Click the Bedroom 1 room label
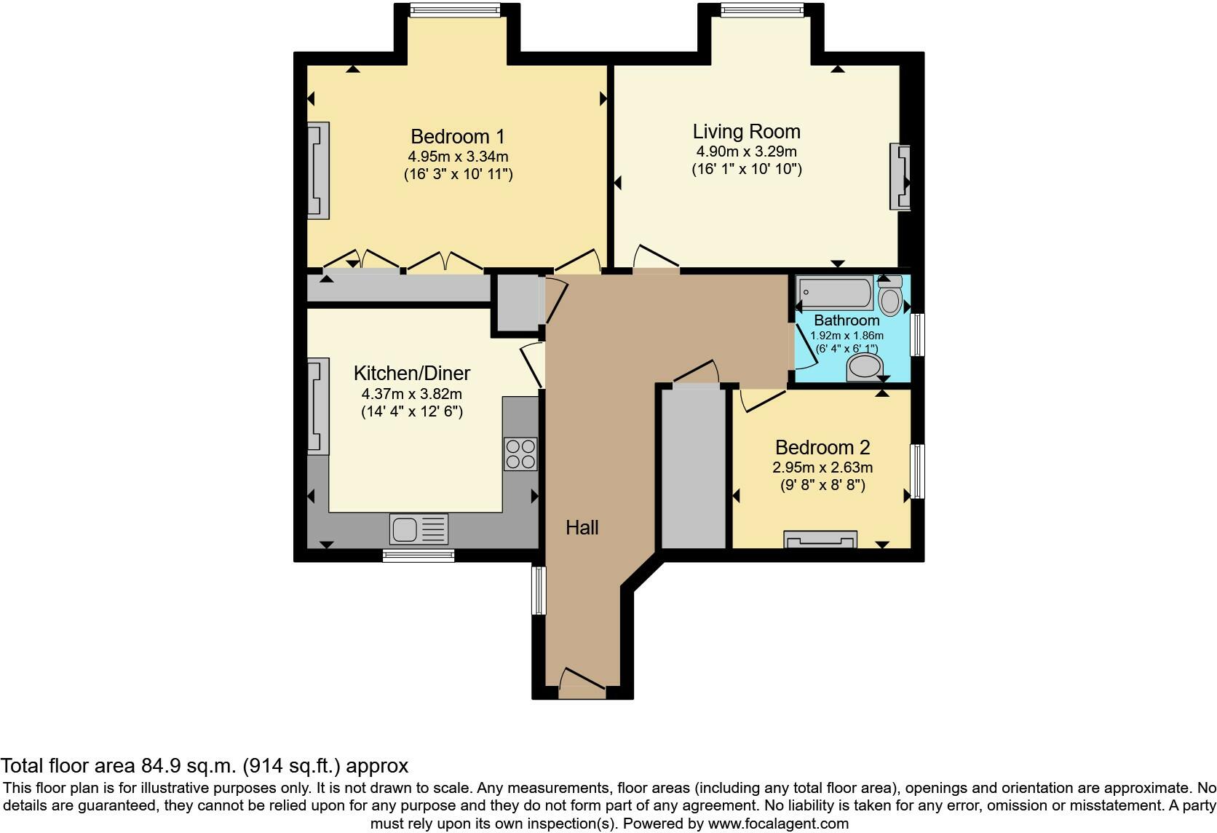point(457,136)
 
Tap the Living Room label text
point(746,132)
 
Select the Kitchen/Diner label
point(411,374)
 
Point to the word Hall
point(582,528)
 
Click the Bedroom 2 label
point(822,447)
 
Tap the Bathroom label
point(847,320)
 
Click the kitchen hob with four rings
point(520,454)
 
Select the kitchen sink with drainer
point(419,529)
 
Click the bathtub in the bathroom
point(834,293)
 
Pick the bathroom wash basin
point(864,368)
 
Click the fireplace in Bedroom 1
point(318,170)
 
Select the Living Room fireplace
point(900,177)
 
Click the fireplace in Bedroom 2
point(820,540)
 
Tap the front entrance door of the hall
point(582,683)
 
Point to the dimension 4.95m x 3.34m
point(457,157)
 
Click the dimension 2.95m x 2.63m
point(822,467)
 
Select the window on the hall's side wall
point(539,590)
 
